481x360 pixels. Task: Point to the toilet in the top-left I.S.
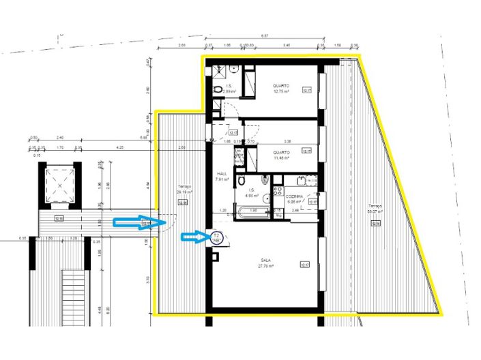tap(218, 89)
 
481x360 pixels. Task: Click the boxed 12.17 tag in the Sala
tap(305, 265)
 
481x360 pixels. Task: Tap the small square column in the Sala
tap(216, 255)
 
